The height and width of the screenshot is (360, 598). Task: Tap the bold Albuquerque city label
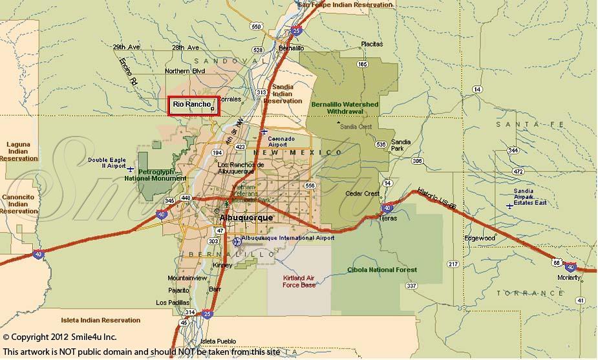[x=247, y=218]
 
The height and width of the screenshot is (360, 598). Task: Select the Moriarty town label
[x=569, y=277]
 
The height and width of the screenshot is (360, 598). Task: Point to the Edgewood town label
[x=479, y=238]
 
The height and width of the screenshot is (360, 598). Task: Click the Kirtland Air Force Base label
[x=299, y=281]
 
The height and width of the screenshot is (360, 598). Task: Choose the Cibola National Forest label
[x=382, y=270]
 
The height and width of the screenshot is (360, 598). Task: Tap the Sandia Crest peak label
[x=356, y=127]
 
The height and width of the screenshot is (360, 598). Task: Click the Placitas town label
[x=372, y=44]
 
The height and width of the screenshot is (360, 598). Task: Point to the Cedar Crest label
[x=363, y=193]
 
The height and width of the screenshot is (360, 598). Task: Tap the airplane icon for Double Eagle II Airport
[x=131, y=169]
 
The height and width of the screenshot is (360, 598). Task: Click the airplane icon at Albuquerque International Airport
[x=237, y=241]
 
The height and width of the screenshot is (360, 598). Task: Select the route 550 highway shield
[x=257, y=26]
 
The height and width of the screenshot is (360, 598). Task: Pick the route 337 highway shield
[x=411, y=285]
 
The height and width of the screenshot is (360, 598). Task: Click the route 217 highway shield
[x=453, y=264]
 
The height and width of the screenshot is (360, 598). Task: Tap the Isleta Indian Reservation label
[x=100, y=320]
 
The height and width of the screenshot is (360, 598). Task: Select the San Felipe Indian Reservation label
[x=345, y=5]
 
